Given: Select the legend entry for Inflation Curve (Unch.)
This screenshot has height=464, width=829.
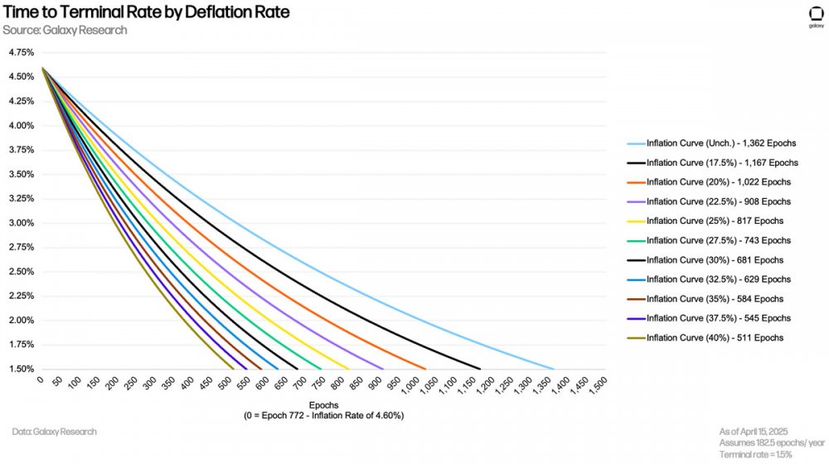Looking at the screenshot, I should pyautogui.click(x=720, y=143).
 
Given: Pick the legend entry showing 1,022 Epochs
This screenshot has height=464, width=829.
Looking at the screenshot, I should pyautogui.click(x=718, y=182).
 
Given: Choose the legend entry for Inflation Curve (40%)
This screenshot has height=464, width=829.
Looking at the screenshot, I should pyautogui.click(x=715, y=338).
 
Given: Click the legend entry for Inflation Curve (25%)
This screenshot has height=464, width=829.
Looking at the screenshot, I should pyautogui.click(x=715, y=221).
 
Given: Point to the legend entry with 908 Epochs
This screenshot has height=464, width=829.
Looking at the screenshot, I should pyautogui.click(x=718, y=201).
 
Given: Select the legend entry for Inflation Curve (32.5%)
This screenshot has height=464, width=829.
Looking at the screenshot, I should pyautogui.click(x=718, y=279).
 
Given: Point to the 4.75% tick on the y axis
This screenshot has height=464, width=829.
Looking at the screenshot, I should pyautogui.click(x=21, y=52).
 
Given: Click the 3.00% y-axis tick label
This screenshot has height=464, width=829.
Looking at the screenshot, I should pyautogui.click(x=21, y=223).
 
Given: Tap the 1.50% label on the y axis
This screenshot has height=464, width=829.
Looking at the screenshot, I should pyautogui.click(x=21, y=369).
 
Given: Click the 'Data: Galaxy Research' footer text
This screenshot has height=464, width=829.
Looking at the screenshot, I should pyautogui.click(x=55, y=432).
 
